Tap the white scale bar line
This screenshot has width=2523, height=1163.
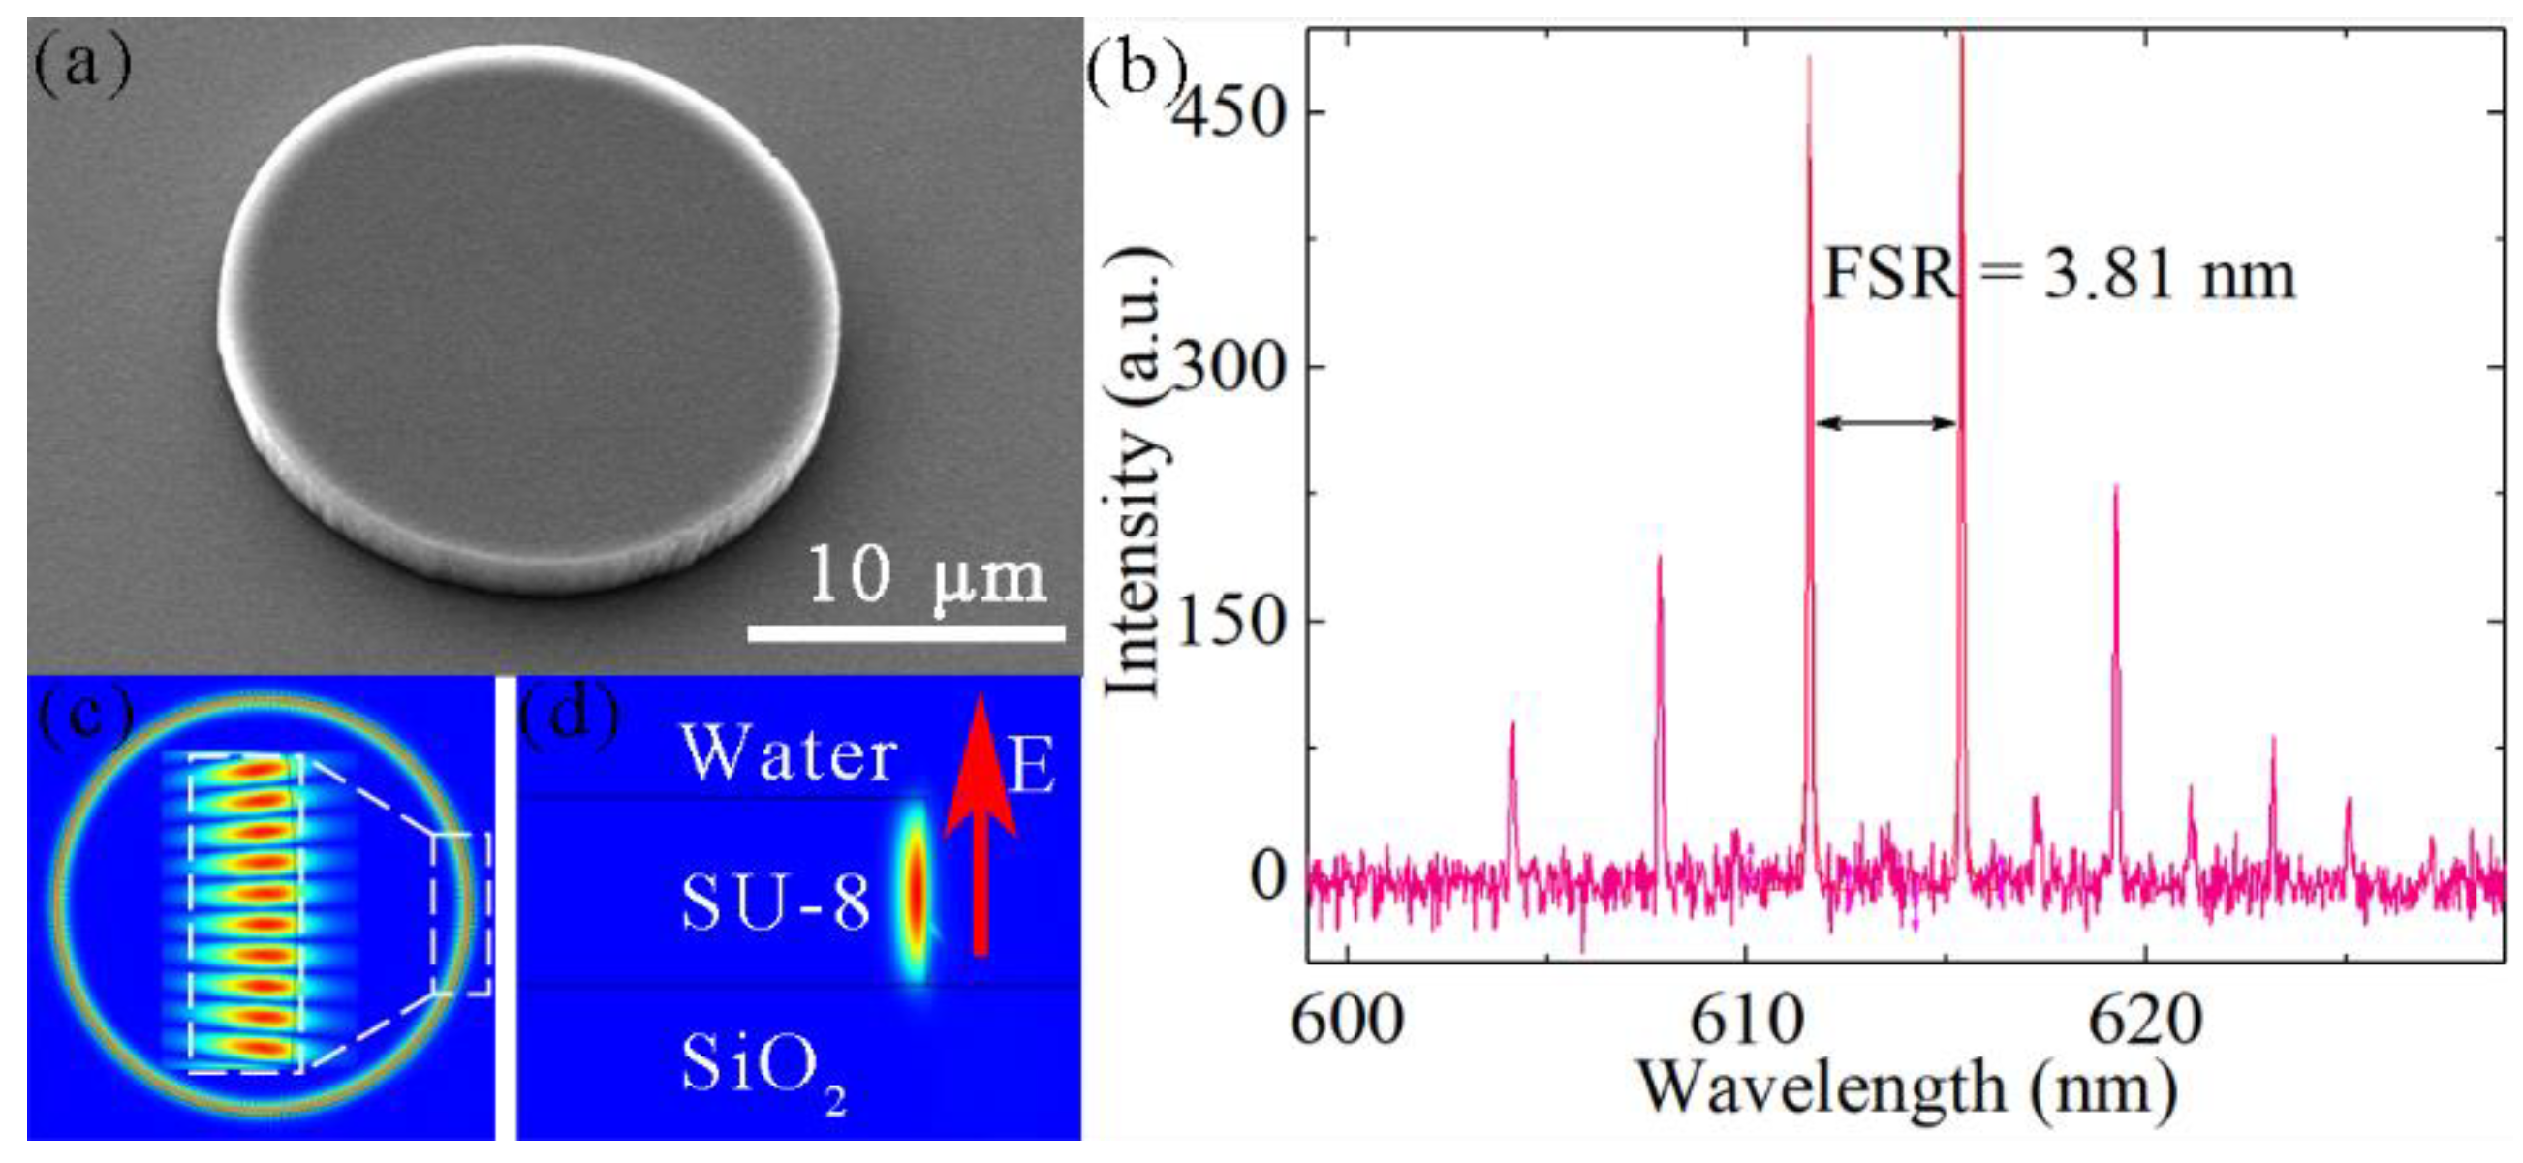[906, 634]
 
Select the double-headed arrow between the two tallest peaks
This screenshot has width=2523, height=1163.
[1884, 423]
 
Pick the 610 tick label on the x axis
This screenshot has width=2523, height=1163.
[1745, 1020]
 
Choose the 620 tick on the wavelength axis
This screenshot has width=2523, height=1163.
[2145, 1020]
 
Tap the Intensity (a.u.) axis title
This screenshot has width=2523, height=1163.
[1137, 470]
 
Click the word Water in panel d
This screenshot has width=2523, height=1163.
[790, 755]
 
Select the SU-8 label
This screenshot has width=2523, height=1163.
[775, 902]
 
